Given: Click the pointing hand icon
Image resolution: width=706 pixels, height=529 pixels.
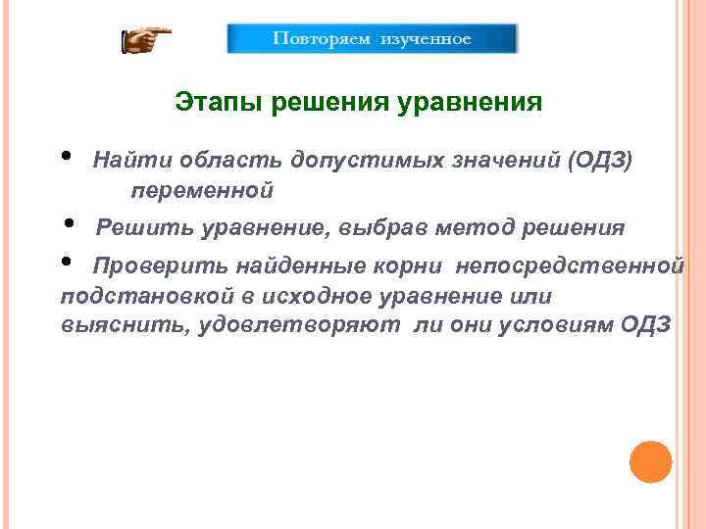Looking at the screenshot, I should [x=145, y=41].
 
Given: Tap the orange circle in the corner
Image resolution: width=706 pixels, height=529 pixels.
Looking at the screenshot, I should [x=650, y=461].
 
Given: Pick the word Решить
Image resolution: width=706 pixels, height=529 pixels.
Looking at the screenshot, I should [x=144, y=229].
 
